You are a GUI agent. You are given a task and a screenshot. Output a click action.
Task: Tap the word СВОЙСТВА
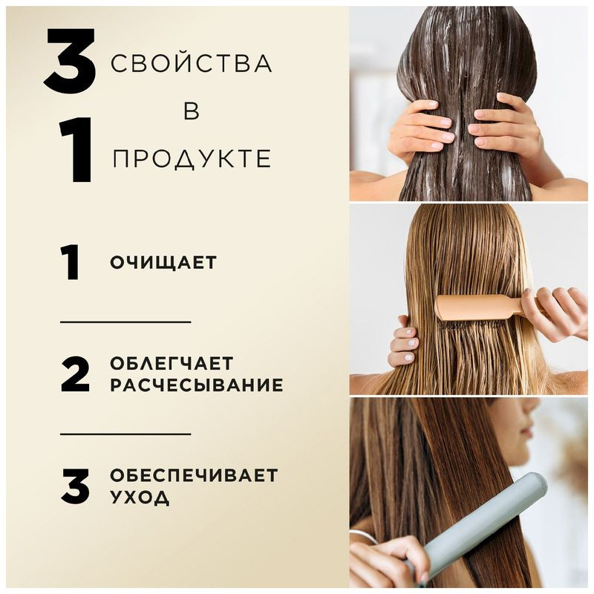pos(191,64)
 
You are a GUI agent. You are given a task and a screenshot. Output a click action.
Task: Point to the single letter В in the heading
pos(191,111)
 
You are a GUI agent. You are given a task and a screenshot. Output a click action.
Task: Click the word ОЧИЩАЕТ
pos(163,263)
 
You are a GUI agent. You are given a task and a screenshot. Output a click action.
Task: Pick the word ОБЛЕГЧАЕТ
pos(172,363)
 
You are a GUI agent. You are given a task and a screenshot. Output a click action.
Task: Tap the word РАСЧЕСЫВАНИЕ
pos(196,385)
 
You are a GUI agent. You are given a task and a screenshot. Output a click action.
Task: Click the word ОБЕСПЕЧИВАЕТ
pos(193,474)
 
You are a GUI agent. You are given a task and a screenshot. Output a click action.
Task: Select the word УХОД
pos(140,497)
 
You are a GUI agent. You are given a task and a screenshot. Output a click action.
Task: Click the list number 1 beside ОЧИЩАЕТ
pos(71,263)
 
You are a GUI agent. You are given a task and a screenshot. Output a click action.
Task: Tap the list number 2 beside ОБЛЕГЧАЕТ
pos(74,374)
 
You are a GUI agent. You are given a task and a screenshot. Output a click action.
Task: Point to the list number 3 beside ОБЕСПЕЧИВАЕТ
pos(74,486)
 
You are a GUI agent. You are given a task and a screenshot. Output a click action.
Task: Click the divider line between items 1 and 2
pos(125,322)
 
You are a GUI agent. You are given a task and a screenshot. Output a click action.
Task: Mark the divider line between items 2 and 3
pos(125,434)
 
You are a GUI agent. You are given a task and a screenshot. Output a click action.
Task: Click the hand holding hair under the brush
pos(403,343)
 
